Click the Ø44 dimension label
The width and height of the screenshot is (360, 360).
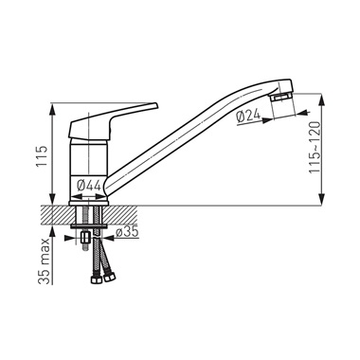pyautogui.click(x=89, y=185)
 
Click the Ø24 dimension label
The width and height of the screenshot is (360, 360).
pyautogui.click(x=248, y=116)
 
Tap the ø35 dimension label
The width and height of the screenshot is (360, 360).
pyautogui.click(x=127, y=232)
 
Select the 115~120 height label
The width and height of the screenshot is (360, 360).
pyautogui.click(x=315, y=148)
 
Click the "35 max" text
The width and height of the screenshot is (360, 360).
pyautogui.click(x=45, y=261)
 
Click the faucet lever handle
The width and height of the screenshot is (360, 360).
pyautogui.click(x=113, y=121)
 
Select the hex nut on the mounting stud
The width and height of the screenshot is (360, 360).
pyautogui.click(x=85, y=236)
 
